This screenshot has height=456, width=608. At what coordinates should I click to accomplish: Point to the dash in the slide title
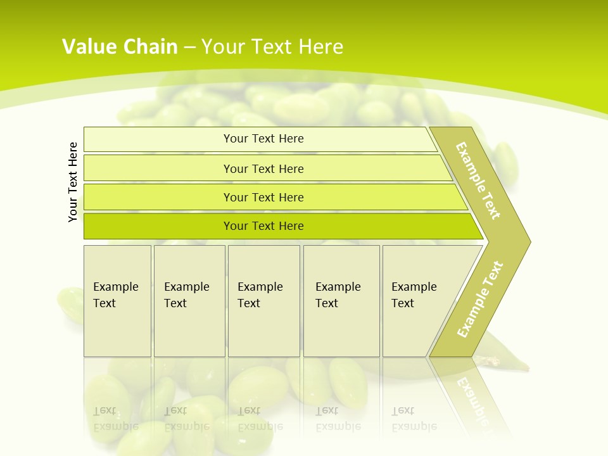click(189, 47)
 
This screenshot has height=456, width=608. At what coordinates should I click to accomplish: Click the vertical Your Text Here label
click(73, 182)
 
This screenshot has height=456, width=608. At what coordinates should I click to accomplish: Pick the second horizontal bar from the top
click(263, 168)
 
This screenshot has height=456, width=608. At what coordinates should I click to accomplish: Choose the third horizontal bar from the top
click(263, 197)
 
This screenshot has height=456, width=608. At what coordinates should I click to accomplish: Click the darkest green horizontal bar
click(263, 226)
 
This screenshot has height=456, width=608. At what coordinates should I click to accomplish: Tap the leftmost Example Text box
click(117, 301)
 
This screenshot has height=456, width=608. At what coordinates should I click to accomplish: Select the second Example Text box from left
click(189, 301)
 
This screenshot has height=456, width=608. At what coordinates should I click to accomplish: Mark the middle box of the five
click(263, 301)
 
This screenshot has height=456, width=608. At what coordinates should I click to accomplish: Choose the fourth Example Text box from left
click(341, 301)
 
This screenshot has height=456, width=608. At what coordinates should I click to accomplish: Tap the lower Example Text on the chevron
click(480, 299)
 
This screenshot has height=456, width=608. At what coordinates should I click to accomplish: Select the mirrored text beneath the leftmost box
click(115, 419)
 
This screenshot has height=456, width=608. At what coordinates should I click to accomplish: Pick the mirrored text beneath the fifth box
click(414, 419)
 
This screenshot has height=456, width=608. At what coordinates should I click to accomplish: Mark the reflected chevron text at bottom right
click(472, 399)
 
